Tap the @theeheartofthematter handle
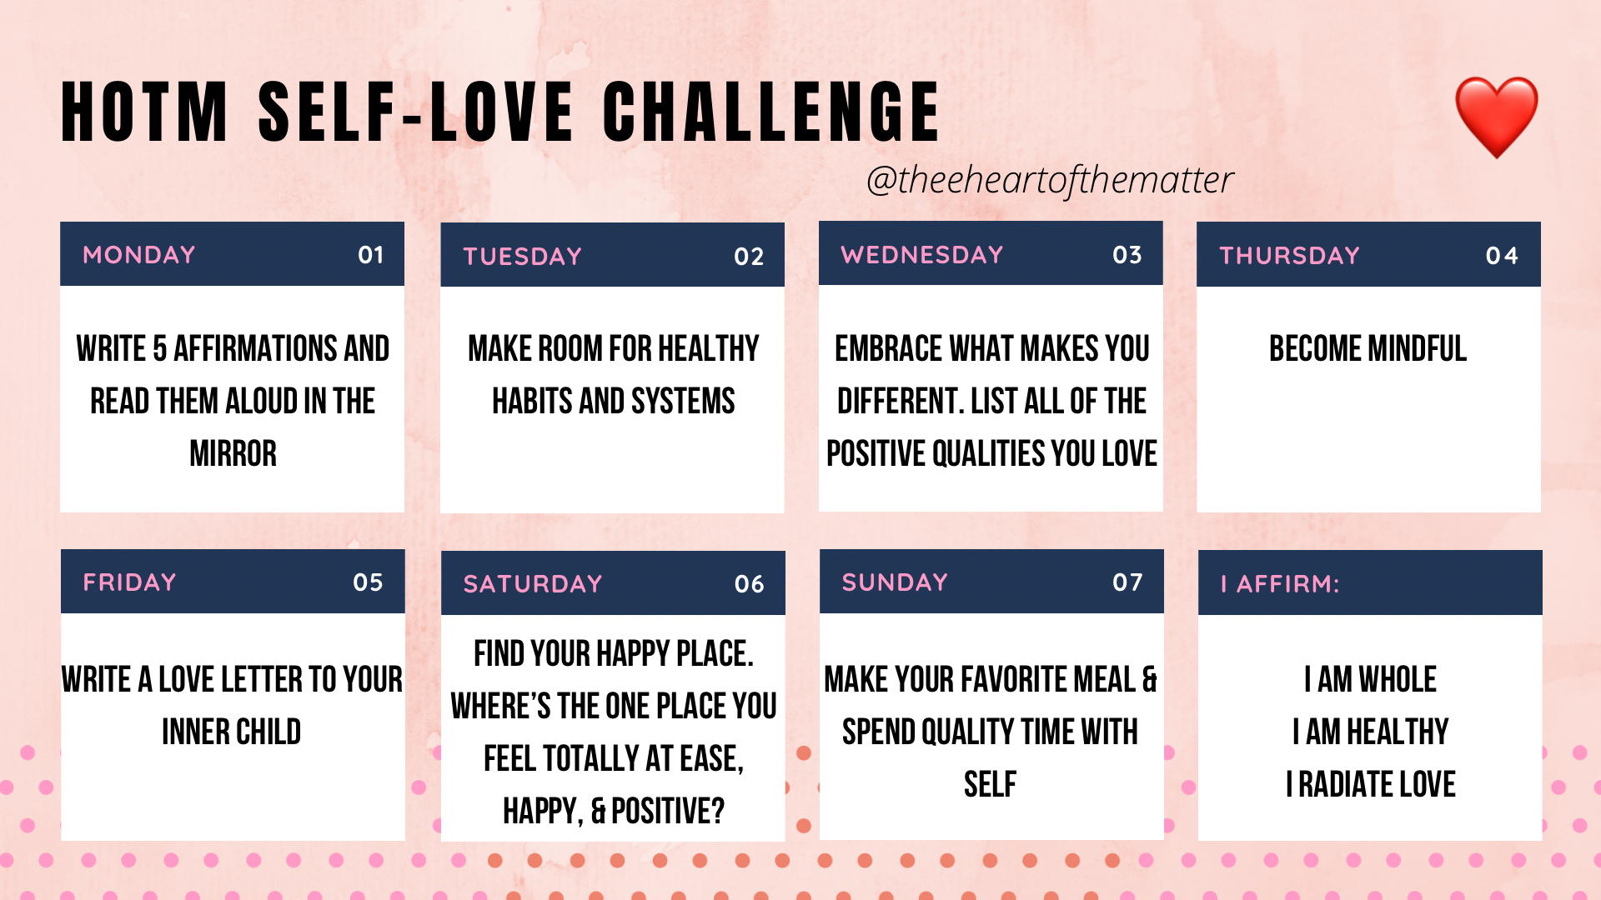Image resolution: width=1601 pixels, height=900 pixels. [x=1050, y=180]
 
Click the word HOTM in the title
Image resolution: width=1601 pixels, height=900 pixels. [x=145, y=112]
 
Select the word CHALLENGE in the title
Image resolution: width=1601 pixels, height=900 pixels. [x=771, y=112]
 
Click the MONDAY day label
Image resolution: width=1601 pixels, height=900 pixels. [x=139, y=254]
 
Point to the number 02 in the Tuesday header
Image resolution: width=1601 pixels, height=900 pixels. [x=749, y=256]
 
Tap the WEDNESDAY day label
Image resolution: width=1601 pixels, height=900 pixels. [x=921, y=254]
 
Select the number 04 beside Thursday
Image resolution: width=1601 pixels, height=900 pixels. [x=1502, y=255]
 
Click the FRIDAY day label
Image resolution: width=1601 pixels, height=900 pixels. [x=129, y=582]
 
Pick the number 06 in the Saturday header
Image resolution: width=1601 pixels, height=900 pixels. [x=749, y=583]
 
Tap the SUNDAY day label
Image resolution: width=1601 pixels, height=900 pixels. [x=895, y=582]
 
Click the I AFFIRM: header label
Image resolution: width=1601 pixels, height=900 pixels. [x=1280, y=583]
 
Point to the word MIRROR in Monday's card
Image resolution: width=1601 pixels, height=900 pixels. [x=233, y=453]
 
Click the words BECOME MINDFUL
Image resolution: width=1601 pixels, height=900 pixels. [x=1368, y=348]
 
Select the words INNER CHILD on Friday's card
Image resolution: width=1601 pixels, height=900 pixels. [x=231, y=732]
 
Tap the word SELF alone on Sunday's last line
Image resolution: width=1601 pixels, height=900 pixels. [x=990, y=784]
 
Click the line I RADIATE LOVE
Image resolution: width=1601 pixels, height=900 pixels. [x=1370, y=784]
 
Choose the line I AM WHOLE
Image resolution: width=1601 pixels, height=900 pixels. [x=1370, y=679]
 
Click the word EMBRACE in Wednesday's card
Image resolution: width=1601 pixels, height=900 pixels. [x=888, y=348]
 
